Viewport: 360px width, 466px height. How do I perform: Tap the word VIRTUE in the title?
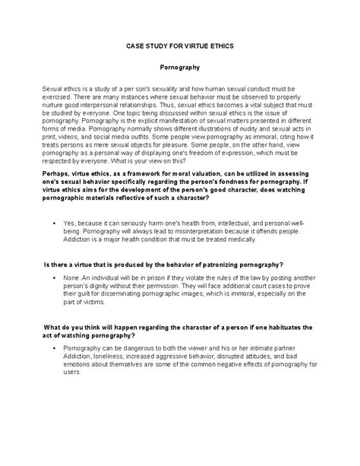point(203,46)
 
